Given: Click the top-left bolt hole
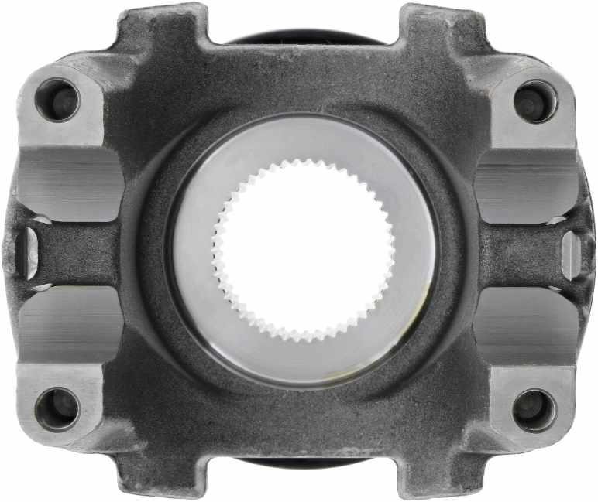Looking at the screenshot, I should pos(60,100).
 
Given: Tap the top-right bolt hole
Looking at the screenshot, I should pos(535,101).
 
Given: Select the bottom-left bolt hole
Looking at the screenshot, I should pos(59,407).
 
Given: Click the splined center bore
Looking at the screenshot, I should pos(303,250).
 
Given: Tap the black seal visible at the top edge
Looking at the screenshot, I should pos(303,37).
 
